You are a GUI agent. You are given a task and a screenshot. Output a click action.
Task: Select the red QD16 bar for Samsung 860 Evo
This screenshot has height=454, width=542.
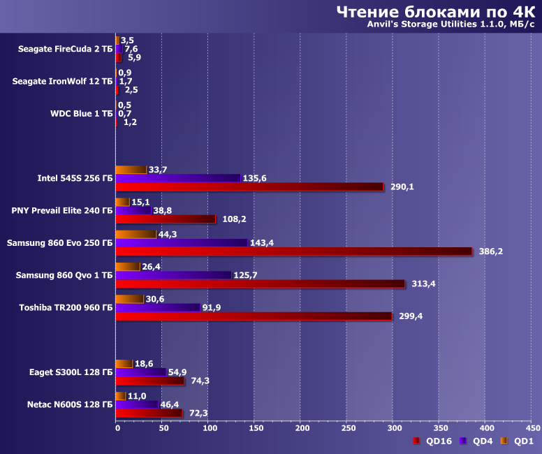tap(294, 251)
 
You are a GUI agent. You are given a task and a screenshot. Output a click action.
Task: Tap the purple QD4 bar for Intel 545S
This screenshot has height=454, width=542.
tap(178, 178)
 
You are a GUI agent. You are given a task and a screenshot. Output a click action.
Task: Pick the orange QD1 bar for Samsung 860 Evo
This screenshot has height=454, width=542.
tap(136, 234)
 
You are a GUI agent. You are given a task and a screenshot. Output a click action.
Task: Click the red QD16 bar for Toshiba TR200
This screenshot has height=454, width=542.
tap(254, 316)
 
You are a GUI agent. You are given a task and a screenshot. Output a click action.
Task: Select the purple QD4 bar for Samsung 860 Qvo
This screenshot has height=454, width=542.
tap(173, 275)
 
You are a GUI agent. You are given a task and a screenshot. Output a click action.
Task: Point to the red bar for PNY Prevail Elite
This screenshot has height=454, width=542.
tap(166, 219)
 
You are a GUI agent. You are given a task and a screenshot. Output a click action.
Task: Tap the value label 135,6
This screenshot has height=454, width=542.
tap(255, 178)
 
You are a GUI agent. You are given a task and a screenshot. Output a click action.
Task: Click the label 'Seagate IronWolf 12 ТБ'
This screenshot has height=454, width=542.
tap(62, 81)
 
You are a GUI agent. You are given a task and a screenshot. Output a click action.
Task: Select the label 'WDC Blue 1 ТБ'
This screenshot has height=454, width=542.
tap(81, 113)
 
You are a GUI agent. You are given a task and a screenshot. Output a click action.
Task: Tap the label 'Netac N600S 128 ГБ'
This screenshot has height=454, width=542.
tap(68, 404)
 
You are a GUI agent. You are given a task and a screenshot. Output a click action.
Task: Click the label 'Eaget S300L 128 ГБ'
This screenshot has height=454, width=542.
tap(71, 372)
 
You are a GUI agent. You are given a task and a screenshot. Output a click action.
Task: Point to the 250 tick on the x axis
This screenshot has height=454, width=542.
tap(348, 427)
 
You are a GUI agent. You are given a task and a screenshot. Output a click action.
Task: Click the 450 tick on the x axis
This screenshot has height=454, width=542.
tap(532, 427)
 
